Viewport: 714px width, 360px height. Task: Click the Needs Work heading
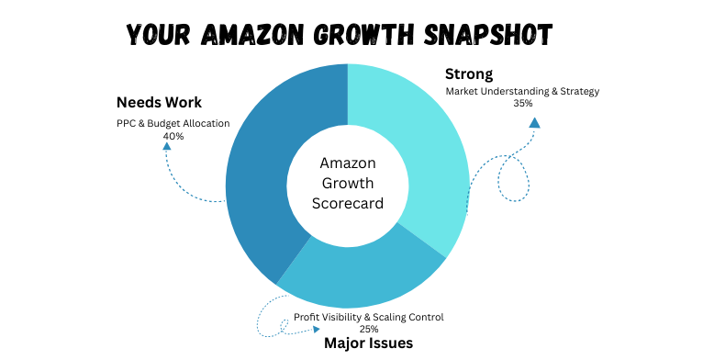point(159,102)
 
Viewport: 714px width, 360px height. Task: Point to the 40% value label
point(173,136)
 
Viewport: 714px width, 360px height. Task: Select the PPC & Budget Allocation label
point(173,123)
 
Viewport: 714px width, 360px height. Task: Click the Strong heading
point(469,73)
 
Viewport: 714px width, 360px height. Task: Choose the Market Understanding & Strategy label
point(522,91)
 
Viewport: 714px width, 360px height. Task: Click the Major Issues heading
point(368,343)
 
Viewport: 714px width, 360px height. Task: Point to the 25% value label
point(369,328)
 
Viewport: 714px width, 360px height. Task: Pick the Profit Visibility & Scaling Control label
point(369,317)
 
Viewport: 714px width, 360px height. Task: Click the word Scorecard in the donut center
point(347,203)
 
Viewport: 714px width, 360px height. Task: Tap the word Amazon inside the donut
point(347,163)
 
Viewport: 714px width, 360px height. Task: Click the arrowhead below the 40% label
point(167,146)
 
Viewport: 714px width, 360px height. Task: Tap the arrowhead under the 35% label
point(533,121)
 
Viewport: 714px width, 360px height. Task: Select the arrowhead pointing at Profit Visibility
point(317,328)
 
